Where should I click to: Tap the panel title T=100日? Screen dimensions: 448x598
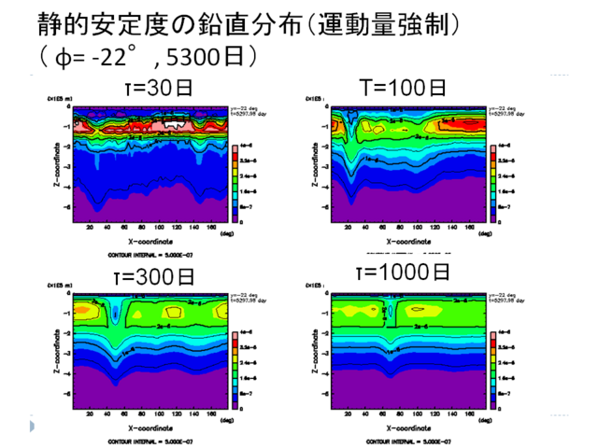pos(403,89)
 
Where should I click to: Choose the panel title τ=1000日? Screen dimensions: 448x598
pos(403,273)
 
